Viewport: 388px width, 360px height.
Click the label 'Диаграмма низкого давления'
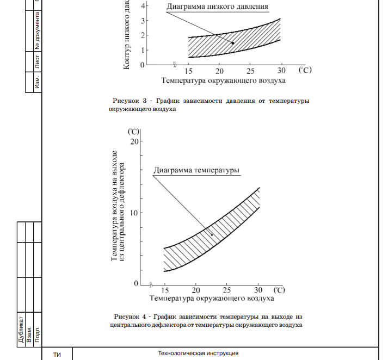click(217, 7)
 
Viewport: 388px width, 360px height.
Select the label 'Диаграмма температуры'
click(196, 170)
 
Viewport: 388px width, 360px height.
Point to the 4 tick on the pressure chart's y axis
click(143, 6)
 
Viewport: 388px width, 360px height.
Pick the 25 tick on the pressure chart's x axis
click(250, 71)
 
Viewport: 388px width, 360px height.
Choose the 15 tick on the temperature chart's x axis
click(164, 290)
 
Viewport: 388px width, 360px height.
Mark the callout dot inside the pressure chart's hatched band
click(232, 43)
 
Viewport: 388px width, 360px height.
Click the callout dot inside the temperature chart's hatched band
click(212, 235)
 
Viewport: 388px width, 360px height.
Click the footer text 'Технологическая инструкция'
click(198, 353)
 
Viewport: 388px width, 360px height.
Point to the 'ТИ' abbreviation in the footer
click(57, 355)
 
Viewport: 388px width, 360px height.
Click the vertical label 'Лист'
click(38, 63)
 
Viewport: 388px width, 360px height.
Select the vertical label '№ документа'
click(38, 30)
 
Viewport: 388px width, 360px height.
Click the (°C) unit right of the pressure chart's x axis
click(304, 71)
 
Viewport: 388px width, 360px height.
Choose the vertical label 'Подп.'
click(37, 333)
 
